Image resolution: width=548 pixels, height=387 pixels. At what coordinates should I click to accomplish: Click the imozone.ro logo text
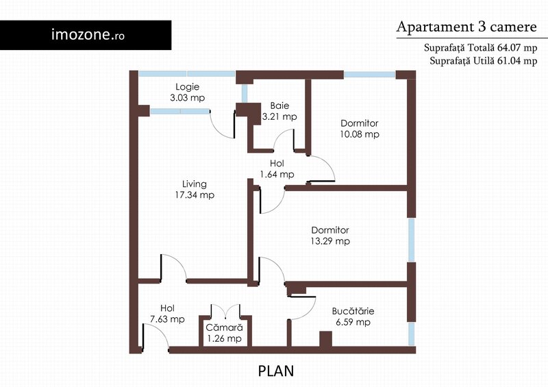click(88, 35)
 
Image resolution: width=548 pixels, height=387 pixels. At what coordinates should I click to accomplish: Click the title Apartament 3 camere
click(466, 27)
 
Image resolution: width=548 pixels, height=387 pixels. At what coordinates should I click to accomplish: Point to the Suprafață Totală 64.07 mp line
click(481, 47)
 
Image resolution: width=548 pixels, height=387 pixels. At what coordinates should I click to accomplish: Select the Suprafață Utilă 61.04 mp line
click(484, 61)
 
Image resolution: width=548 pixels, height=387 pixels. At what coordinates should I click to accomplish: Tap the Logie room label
click(187, 87)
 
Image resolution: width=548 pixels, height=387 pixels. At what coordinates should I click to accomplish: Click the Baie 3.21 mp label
click(279, 111)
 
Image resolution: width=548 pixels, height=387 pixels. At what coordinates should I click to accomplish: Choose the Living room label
click(195, 184)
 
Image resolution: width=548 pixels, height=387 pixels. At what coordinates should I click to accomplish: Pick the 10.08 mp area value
click(360, 134)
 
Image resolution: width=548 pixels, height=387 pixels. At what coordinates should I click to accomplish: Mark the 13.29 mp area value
click(330, 241)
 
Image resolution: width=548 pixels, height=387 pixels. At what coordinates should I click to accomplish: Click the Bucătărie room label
click(353, 311)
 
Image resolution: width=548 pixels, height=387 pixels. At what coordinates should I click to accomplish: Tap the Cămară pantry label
click(224, 327)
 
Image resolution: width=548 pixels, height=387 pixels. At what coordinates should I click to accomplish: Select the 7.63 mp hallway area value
click(167, 319)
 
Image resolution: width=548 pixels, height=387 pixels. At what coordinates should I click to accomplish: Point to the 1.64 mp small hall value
click(277, 175)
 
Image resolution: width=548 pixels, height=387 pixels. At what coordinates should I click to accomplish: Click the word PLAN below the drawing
click(276, 371)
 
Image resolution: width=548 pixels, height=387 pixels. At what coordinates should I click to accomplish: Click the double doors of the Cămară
click(225, 311)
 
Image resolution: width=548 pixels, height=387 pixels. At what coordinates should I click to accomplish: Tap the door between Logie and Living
click(222, 124)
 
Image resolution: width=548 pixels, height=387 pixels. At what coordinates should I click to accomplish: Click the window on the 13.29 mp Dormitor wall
click(412, 240)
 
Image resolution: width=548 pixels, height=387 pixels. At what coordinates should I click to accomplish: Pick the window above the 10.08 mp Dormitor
click(370, 75)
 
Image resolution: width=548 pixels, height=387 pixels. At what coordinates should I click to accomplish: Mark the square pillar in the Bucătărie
click(326, 339)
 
